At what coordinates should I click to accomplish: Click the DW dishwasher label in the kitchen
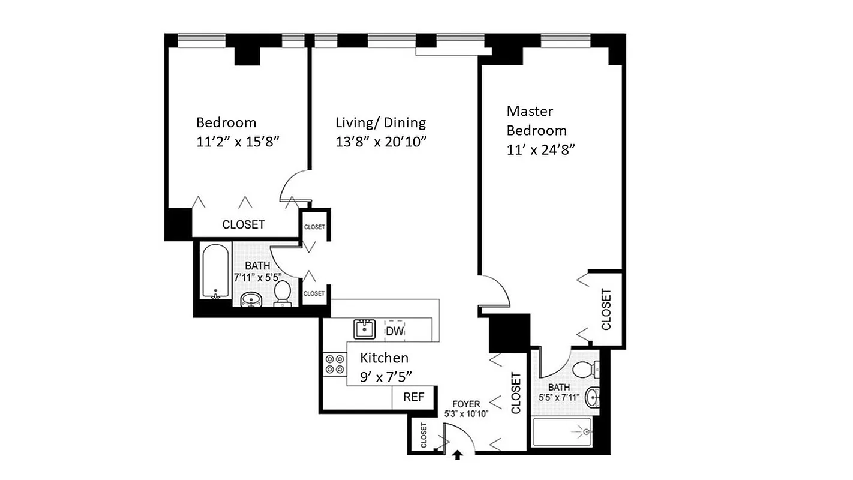pos(394,331)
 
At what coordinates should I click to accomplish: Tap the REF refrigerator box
pos(413,397)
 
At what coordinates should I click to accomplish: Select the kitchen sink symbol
pos(364,329)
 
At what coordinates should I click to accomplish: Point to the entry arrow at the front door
pos(458,455)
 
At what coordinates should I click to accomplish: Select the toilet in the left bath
pos(282,293)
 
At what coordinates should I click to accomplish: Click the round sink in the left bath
pos(250,299)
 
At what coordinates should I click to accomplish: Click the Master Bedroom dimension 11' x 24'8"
pos(541,150)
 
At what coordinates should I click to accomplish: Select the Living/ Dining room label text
pos(380,123)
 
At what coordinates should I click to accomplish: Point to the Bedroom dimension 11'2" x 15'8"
pos(239,142)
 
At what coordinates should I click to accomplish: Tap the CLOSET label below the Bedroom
pos(243,225)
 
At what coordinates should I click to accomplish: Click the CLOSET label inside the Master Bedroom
pos(606,310)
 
